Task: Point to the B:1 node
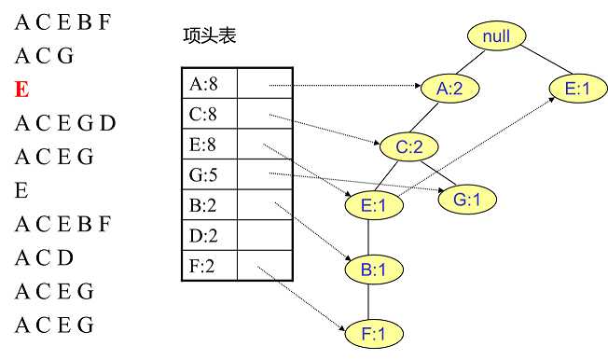click(370, 270)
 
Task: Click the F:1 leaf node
click(370, 333)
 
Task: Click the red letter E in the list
click(21, 90)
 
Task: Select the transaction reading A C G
click(44, 55)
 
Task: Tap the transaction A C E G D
click(64, 123)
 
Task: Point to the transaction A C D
click(44, 258)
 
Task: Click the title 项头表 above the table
click(211, 36)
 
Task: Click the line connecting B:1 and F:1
click(370, 301)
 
